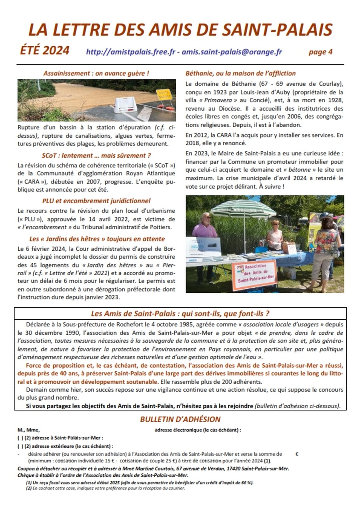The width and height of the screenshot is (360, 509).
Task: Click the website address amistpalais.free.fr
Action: [x=131, y=52]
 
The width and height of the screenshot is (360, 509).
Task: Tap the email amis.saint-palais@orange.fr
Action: [x=231, y=52]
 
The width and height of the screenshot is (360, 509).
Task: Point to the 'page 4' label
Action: [x=320, y=52]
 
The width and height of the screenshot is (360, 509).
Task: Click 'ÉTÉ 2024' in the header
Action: [x=45, y=51]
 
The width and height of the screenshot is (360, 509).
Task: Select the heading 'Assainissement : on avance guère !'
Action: [x=96, y=73]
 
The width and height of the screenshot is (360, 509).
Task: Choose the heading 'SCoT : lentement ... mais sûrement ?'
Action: [x=96, y=156]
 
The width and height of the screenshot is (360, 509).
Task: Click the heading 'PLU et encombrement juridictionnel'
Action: [x=96, y=201]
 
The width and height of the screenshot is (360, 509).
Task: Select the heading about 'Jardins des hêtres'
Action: [x=97, y=239]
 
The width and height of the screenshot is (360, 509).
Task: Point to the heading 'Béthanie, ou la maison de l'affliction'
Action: [x=240, y=73]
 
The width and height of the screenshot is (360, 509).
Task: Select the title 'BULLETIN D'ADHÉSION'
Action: [x=180, y=419]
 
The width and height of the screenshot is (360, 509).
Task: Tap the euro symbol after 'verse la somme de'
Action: [x=297, y=454]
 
